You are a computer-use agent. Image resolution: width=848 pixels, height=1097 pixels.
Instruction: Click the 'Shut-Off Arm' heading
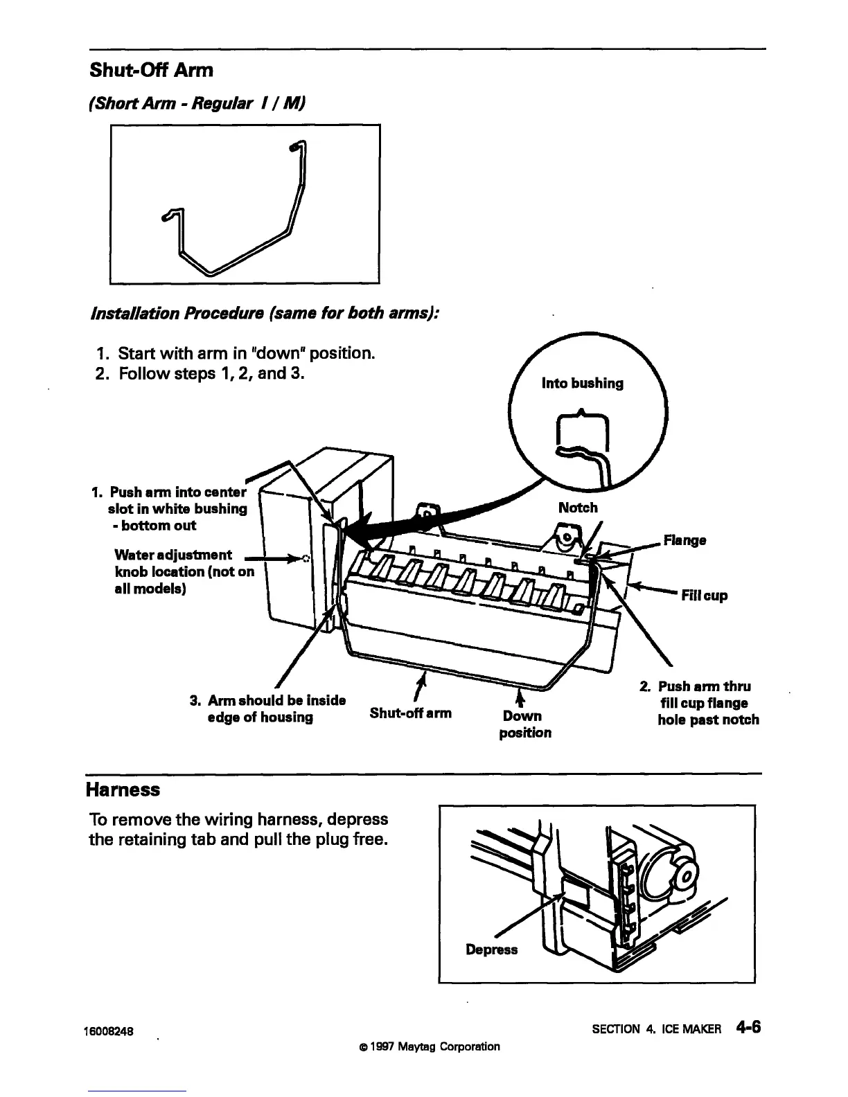(151, 70)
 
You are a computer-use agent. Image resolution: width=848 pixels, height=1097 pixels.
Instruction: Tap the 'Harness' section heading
(123, 790)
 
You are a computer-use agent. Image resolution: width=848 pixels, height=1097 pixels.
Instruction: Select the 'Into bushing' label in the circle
(582, 383)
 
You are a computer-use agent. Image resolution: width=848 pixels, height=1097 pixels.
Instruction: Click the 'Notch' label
(578, 508)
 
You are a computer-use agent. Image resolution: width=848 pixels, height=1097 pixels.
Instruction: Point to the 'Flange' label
(684, 539)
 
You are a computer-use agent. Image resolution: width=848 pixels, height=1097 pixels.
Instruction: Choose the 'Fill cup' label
(705, 596)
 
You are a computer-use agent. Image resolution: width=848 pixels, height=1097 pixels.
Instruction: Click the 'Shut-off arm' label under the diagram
(410, 713)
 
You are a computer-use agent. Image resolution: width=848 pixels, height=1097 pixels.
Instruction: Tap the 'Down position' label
(524, 724)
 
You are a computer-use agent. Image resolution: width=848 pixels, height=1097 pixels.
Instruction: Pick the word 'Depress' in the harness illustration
(491, 949)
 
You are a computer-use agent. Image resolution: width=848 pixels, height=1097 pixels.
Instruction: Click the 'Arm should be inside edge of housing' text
(267, 708)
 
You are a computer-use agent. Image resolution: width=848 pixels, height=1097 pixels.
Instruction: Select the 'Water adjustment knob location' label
(184, 571)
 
